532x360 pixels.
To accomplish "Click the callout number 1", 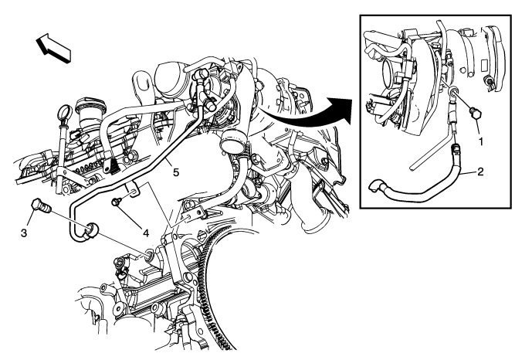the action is pos(480,141).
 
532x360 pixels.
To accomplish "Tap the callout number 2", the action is pos(480,172).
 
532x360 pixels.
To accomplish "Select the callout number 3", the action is pos(24,233).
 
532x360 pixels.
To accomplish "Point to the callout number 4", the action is pos(146,233).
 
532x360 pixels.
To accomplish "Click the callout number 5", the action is pos(176,172).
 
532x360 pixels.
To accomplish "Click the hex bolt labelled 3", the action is pos(41,206).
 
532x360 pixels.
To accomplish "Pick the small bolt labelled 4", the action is pos(117,202).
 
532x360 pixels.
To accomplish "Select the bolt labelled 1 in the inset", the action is pos(475,114).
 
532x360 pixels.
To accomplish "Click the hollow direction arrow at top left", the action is pos(53,48).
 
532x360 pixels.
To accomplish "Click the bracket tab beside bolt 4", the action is pos(132,190).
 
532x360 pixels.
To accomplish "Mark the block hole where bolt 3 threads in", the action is pos(149,254).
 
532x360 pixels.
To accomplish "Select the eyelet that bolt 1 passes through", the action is pos(453,92).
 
